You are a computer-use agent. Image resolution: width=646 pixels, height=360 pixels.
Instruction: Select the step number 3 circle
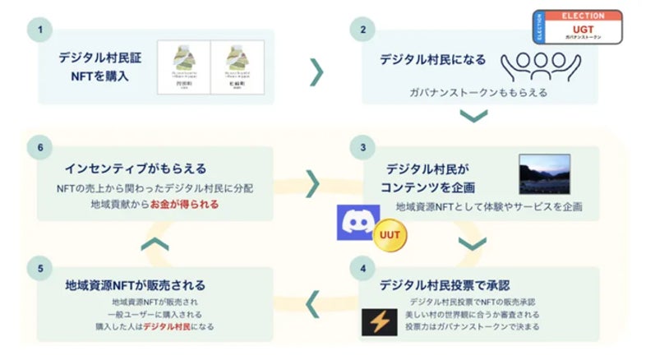pos(361,148)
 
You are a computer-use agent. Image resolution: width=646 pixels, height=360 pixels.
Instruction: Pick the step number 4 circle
pos(361,267)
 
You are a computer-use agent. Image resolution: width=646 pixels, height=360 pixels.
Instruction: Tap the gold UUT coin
pos(385,238)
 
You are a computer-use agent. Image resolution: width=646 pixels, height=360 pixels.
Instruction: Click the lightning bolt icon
pos(380,322)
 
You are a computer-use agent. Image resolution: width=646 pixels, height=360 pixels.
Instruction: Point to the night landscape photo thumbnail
pos(544,174)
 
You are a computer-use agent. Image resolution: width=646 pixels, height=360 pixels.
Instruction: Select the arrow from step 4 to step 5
pos(315,303)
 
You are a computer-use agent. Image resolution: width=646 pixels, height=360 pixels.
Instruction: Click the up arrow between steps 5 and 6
pos(156,242)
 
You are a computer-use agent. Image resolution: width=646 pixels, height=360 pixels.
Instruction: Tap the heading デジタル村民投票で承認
pos(445,285)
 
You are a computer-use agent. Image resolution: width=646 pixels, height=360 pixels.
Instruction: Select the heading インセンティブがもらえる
pos(134,168)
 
